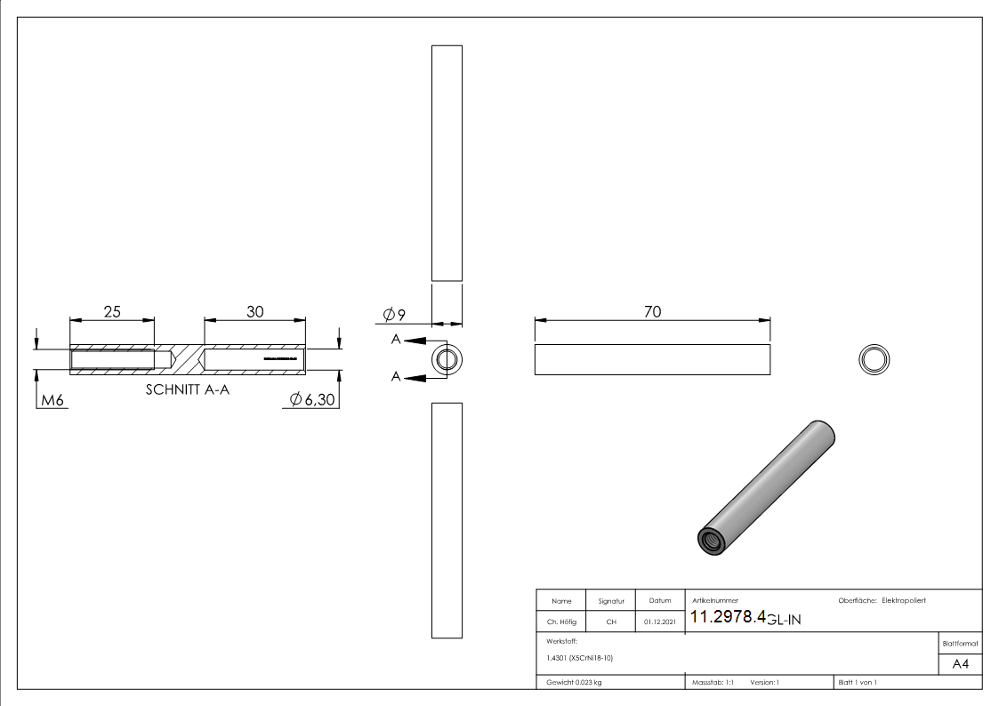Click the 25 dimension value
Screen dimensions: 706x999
click(112, 311)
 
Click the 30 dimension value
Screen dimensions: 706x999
click(255, 311)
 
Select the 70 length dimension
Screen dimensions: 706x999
click(652, 311)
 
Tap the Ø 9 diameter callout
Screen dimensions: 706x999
click(394, 315)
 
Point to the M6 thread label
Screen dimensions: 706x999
click(52, 401)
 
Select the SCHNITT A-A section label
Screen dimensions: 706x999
click(187, 389)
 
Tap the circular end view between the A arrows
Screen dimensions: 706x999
click(447, 360)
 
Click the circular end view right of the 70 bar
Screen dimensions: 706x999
click(874, 359)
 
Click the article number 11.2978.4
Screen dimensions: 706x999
click(729, 618)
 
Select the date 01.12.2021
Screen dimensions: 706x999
click(659, 622)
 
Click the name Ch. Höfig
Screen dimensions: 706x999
click(561, 622)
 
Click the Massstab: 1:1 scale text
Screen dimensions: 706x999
click(713, 682)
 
